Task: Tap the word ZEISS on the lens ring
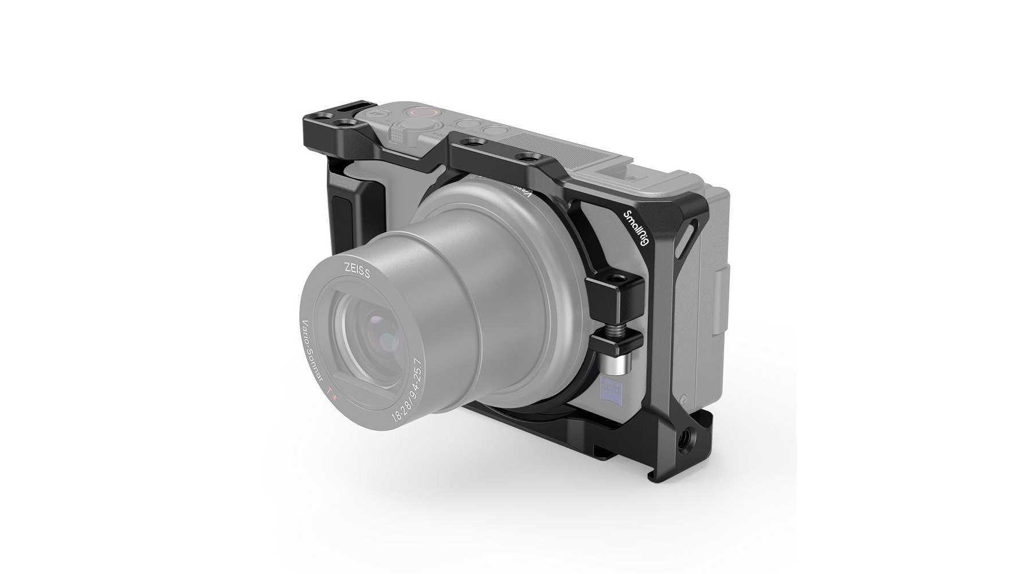[358, 269]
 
